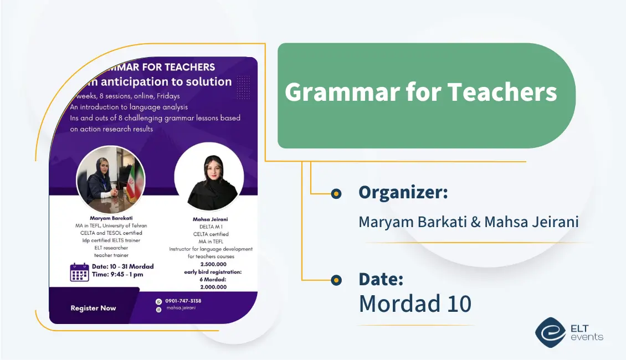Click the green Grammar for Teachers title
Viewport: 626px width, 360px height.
(420, 92)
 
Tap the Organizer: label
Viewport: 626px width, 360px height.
(403, 193)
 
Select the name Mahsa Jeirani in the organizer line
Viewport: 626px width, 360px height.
(531, 222)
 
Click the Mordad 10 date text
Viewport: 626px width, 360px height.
(415, 304)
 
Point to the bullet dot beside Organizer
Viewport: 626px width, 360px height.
(336, 193)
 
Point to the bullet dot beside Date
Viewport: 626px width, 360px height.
(336, 280)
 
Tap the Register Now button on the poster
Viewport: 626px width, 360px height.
(93, 308)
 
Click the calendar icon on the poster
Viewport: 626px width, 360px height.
(79, 272)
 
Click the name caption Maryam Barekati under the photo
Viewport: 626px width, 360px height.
(111, 218)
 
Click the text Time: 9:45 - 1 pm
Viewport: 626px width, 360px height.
(117, 275)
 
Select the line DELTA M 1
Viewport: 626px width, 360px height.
(211, 227)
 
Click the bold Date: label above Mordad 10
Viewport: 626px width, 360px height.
(381, 279)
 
